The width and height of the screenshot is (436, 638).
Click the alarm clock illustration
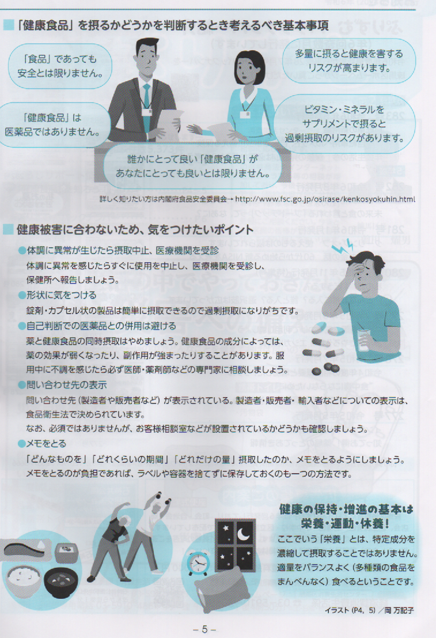(198, 563)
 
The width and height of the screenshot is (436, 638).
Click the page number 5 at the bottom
(204, 629)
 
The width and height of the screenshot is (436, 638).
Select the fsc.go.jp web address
(325, 199)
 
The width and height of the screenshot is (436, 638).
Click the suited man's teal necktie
(146, 107)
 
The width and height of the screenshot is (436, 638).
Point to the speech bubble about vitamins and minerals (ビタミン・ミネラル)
(344, 124)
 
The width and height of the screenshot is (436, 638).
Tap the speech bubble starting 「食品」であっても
(60, 66)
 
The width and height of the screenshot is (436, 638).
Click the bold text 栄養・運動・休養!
(346, 523)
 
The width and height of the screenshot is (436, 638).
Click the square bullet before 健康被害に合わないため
(8, 230)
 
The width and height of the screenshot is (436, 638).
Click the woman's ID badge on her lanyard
(245, 114)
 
